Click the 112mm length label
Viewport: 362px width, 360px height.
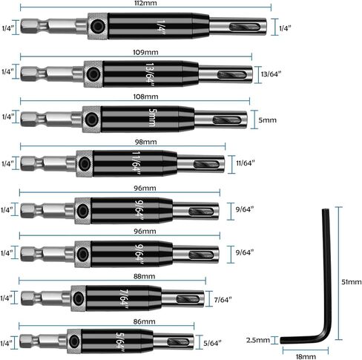coord(145,3)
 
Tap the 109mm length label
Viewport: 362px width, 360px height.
coord(145,53)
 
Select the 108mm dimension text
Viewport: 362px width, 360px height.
coord(145,96)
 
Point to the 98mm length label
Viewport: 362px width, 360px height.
coord(145,142)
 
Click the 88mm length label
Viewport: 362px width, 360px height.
coord(145,276)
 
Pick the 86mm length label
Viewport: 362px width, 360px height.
coord(145,321)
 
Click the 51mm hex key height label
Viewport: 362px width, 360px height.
coord(352,282)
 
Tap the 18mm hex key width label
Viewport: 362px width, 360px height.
coord(306,356)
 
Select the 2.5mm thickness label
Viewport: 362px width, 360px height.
coord(258,340)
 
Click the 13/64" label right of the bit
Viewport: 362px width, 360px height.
coord(271,74)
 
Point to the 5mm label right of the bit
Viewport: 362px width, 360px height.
coord(267,120)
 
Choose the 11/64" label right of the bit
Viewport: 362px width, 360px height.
coord(246,163)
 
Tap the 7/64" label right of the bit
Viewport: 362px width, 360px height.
coord(223,300)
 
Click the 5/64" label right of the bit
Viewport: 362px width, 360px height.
coord(212,343)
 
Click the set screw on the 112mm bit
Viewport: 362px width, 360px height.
coord(97,26)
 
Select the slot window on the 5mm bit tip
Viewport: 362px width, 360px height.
coord(227,120)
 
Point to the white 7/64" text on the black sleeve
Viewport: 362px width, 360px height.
coord(124,299)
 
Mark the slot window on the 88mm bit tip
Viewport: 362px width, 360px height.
coord(188,299)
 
